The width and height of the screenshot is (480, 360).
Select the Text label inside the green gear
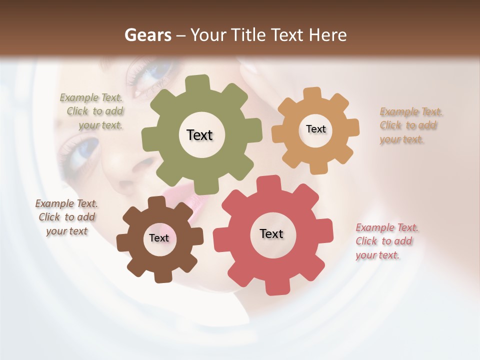point(199,135)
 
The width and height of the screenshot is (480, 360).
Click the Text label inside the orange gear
point(315,129)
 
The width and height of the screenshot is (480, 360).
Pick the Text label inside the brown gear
point(159,238)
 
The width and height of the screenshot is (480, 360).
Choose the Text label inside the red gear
point(271,233)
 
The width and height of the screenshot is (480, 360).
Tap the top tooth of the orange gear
point(312,93)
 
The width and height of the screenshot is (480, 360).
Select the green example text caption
point(92,111)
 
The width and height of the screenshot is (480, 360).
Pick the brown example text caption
point(66,217)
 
